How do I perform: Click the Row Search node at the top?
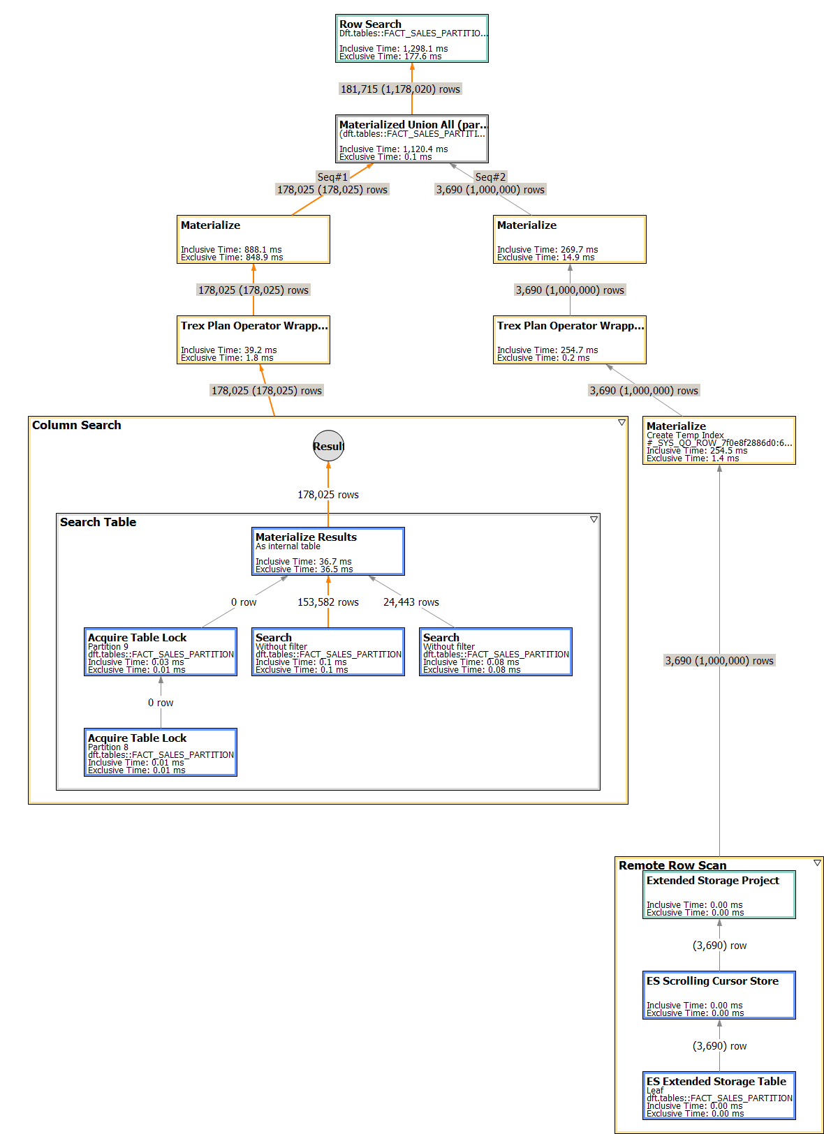(x=411, y=39)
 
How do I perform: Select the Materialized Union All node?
(x=411, y=139)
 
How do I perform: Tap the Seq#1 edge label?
(x=332, y=177)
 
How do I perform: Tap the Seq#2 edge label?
(x=490, y=177)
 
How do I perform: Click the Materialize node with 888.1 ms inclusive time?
(x=253, y=239)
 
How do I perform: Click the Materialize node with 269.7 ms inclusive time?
(x=569, y=239)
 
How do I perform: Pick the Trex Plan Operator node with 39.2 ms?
(x=253, y=340)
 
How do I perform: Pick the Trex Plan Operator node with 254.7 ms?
(x=569, y=340)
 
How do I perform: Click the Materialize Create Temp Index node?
(x=719, y=440)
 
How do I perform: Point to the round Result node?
(x=328, y=446)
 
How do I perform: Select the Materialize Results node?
(x=328, y=551)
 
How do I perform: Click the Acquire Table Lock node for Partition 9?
(x=160, y=652)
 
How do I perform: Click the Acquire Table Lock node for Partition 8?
(x=160, y=752)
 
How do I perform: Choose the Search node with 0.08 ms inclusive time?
(x=495, y=652)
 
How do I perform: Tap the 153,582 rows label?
(x=328, y=602)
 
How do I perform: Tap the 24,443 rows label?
(x=411, y=602)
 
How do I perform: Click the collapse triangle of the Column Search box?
(x=621, y=423)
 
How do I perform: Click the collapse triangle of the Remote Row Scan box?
(x=817, y=863)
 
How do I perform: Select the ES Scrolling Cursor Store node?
(x=719, y=995)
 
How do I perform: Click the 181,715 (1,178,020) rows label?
(x=400, y=89)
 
